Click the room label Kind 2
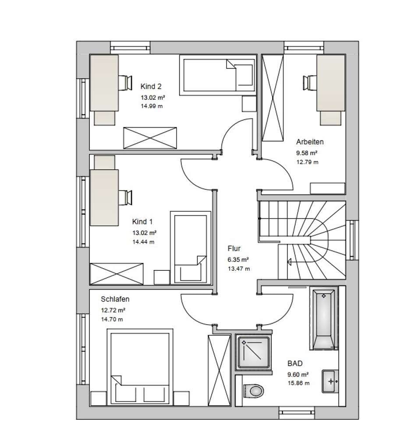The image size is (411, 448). click(x=151, y=86)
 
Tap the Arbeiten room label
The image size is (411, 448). click(x=310, y=142)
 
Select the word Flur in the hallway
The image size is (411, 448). click(x=234, y=248)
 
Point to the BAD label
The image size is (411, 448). click(x=295, y=364)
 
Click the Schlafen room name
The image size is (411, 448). click(x=115, y=299)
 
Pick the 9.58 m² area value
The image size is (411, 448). click(x=307, y=153)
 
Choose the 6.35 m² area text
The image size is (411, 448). click(x=238, y=260)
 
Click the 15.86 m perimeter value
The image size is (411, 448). click(x=298, y=383)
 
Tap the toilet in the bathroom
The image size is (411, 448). click(x=253, y=391)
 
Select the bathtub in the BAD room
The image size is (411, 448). click(x=324, y=318)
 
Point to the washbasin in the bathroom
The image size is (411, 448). click(x=330, y=381)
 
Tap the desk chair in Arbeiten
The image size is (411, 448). click(x=310, y=83)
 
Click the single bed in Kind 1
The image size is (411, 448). click(x=191, y=248)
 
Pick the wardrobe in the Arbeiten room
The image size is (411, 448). click(x=273, y=98)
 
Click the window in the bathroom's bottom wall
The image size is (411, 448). click(x=297, y=413)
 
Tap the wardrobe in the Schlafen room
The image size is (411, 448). click(x=219, y=370)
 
